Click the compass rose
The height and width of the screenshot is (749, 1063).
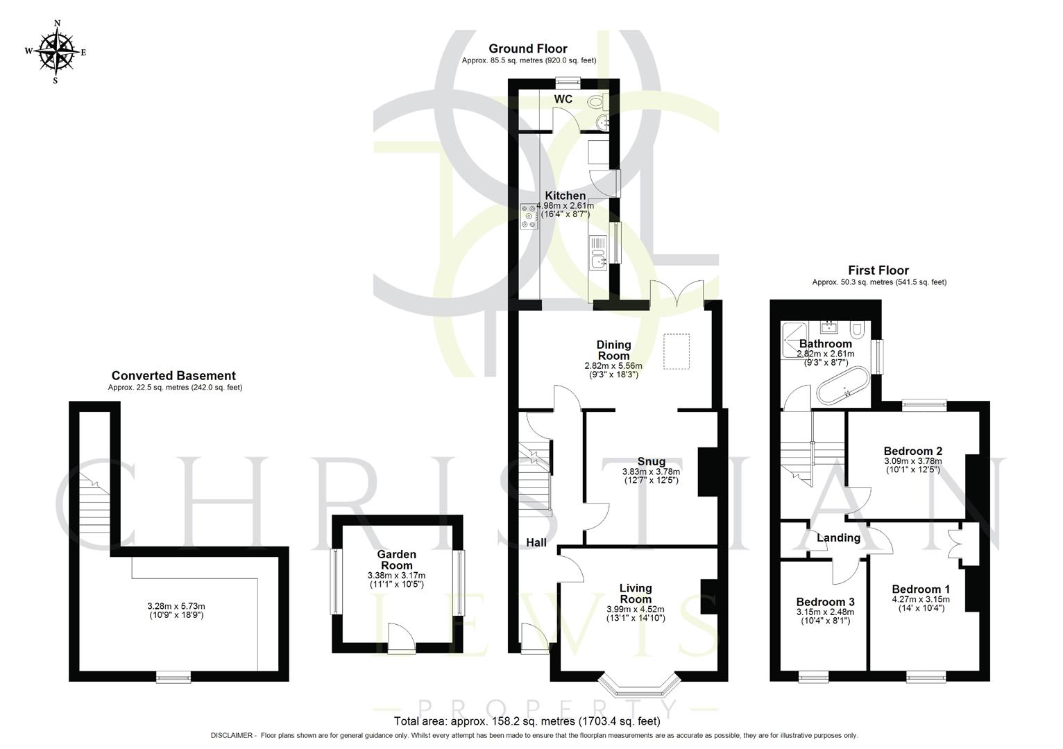click(56, 51)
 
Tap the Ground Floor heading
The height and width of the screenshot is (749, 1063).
click(527, 49)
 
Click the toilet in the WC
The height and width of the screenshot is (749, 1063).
click(595, 103)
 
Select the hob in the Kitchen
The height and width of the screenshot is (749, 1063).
click(529, 215)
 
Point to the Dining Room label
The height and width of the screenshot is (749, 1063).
click(613, 350)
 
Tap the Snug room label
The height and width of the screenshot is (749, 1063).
click(651, 461)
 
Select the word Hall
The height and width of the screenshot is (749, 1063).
click(536, 542)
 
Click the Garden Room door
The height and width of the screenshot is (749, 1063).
click(402, 638)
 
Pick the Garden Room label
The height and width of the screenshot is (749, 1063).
click(397, 560)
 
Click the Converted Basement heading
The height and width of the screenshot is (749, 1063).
click(173, 376)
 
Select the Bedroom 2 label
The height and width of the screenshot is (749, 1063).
click(912, 451)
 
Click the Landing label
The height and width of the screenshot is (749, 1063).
click(838, 537)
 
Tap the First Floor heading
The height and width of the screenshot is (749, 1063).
click(878, 270)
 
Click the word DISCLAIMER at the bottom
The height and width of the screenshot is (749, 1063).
click(233, 735)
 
